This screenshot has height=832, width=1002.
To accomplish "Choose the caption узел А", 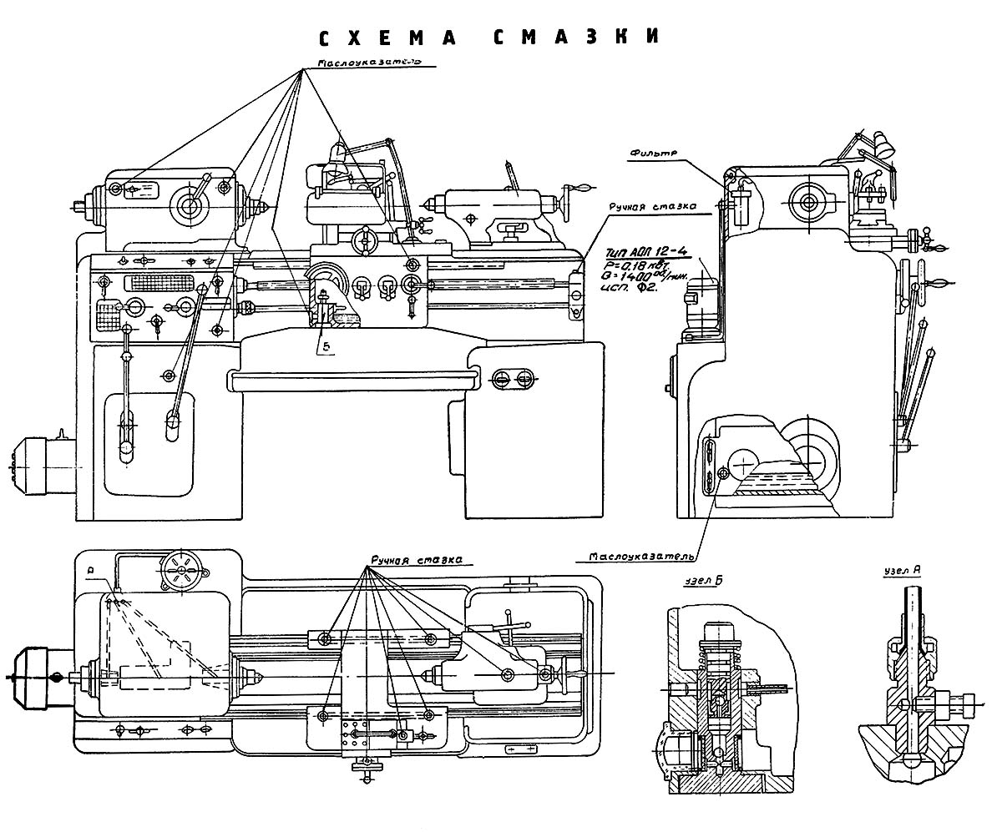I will pos(902,572).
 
